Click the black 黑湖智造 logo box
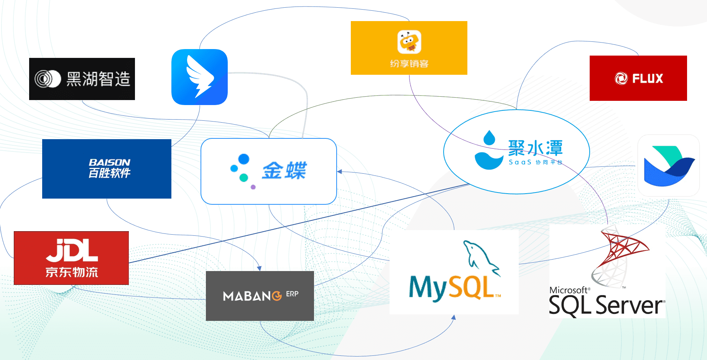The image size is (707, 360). (82, 79)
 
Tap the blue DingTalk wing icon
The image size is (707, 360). (199, 77)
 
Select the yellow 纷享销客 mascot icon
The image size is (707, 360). (409, 42)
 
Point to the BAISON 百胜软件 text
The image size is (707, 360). (109, 168)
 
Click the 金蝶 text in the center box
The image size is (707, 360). (284, 171)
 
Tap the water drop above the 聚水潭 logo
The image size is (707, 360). (489, 138)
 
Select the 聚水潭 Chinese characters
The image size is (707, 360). (535, 148)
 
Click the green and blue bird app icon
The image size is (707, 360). (669, 166)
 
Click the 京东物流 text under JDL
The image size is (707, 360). (72, 272)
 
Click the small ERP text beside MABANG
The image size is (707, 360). (292, 294)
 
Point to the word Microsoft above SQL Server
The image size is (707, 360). (568, 290)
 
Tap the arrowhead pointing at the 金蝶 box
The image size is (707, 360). (339, 172)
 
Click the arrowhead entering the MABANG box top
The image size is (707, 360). (259, 268)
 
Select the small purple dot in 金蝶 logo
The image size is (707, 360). (253, 187)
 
